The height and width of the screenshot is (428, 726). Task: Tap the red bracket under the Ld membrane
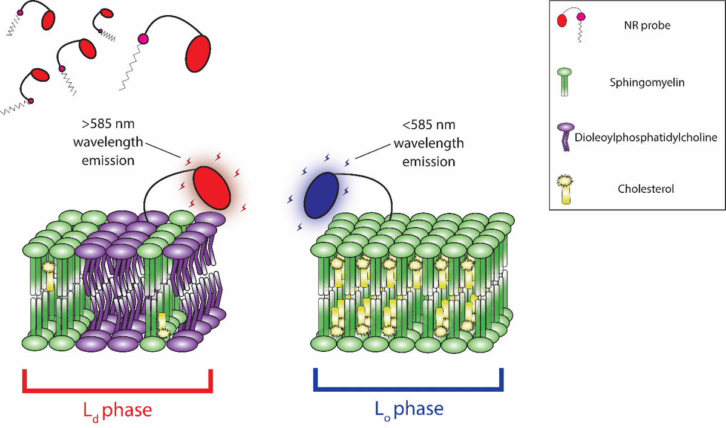tap(117, 390)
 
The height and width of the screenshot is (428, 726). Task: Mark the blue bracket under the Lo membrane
tap(408, 390)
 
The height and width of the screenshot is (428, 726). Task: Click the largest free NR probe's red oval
tap(198, 54)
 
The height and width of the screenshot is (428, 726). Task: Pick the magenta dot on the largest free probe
tap(143, 39)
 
